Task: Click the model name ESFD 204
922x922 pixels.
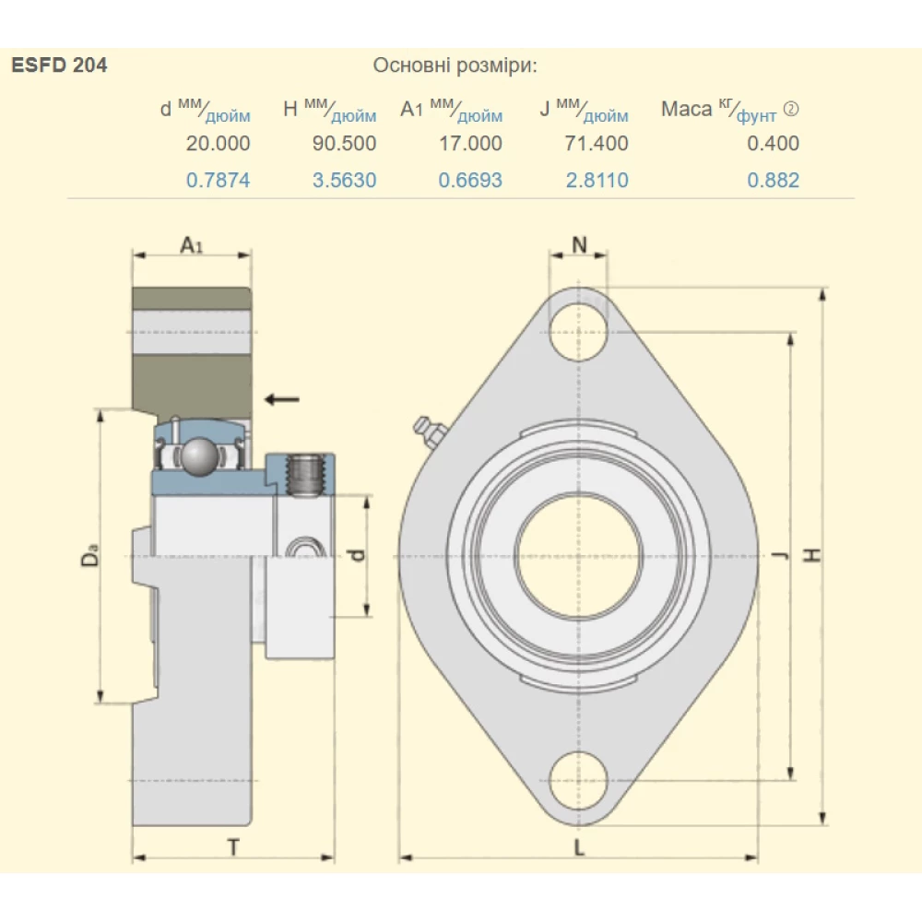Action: point(59,65)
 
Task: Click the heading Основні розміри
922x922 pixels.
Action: point(455,65)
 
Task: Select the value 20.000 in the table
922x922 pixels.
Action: point(218,143)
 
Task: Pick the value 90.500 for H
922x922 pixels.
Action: point(344,143)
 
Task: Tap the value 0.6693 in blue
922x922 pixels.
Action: point(470,180)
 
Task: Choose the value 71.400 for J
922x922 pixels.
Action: point(597,143)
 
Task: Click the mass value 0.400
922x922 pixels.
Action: point(773,143)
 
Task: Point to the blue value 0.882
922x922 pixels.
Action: point(773,180)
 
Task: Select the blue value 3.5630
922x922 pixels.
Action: point(344,180)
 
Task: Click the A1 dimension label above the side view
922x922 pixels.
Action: point(191,245)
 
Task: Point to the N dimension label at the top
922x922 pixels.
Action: point(579,244)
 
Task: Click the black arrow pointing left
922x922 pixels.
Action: point(281,398)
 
